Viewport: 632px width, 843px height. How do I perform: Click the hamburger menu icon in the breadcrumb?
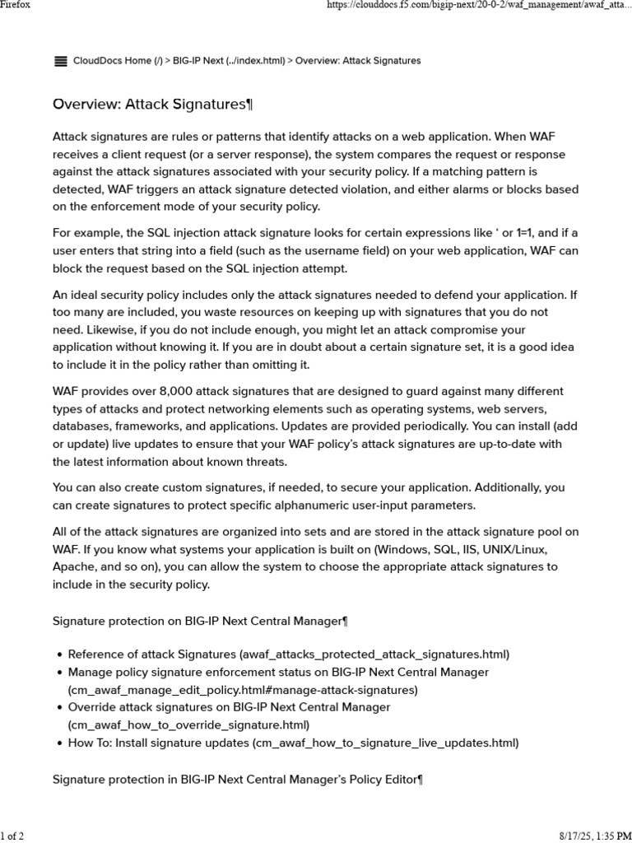60,61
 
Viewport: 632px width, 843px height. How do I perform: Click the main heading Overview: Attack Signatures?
152,105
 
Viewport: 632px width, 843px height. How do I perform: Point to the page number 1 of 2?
12,836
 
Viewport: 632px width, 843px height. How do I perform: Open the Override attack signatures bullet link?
229,707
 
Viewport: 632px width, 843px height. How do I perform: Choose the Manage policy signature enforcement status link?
278,673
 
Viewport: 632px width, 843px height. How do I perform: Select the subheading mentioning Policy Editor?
237,779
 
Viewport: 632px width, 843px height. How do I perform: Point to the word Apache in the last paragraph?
73,567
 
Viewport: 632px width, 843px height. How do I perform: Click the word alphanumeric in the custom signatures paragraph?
290,505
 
